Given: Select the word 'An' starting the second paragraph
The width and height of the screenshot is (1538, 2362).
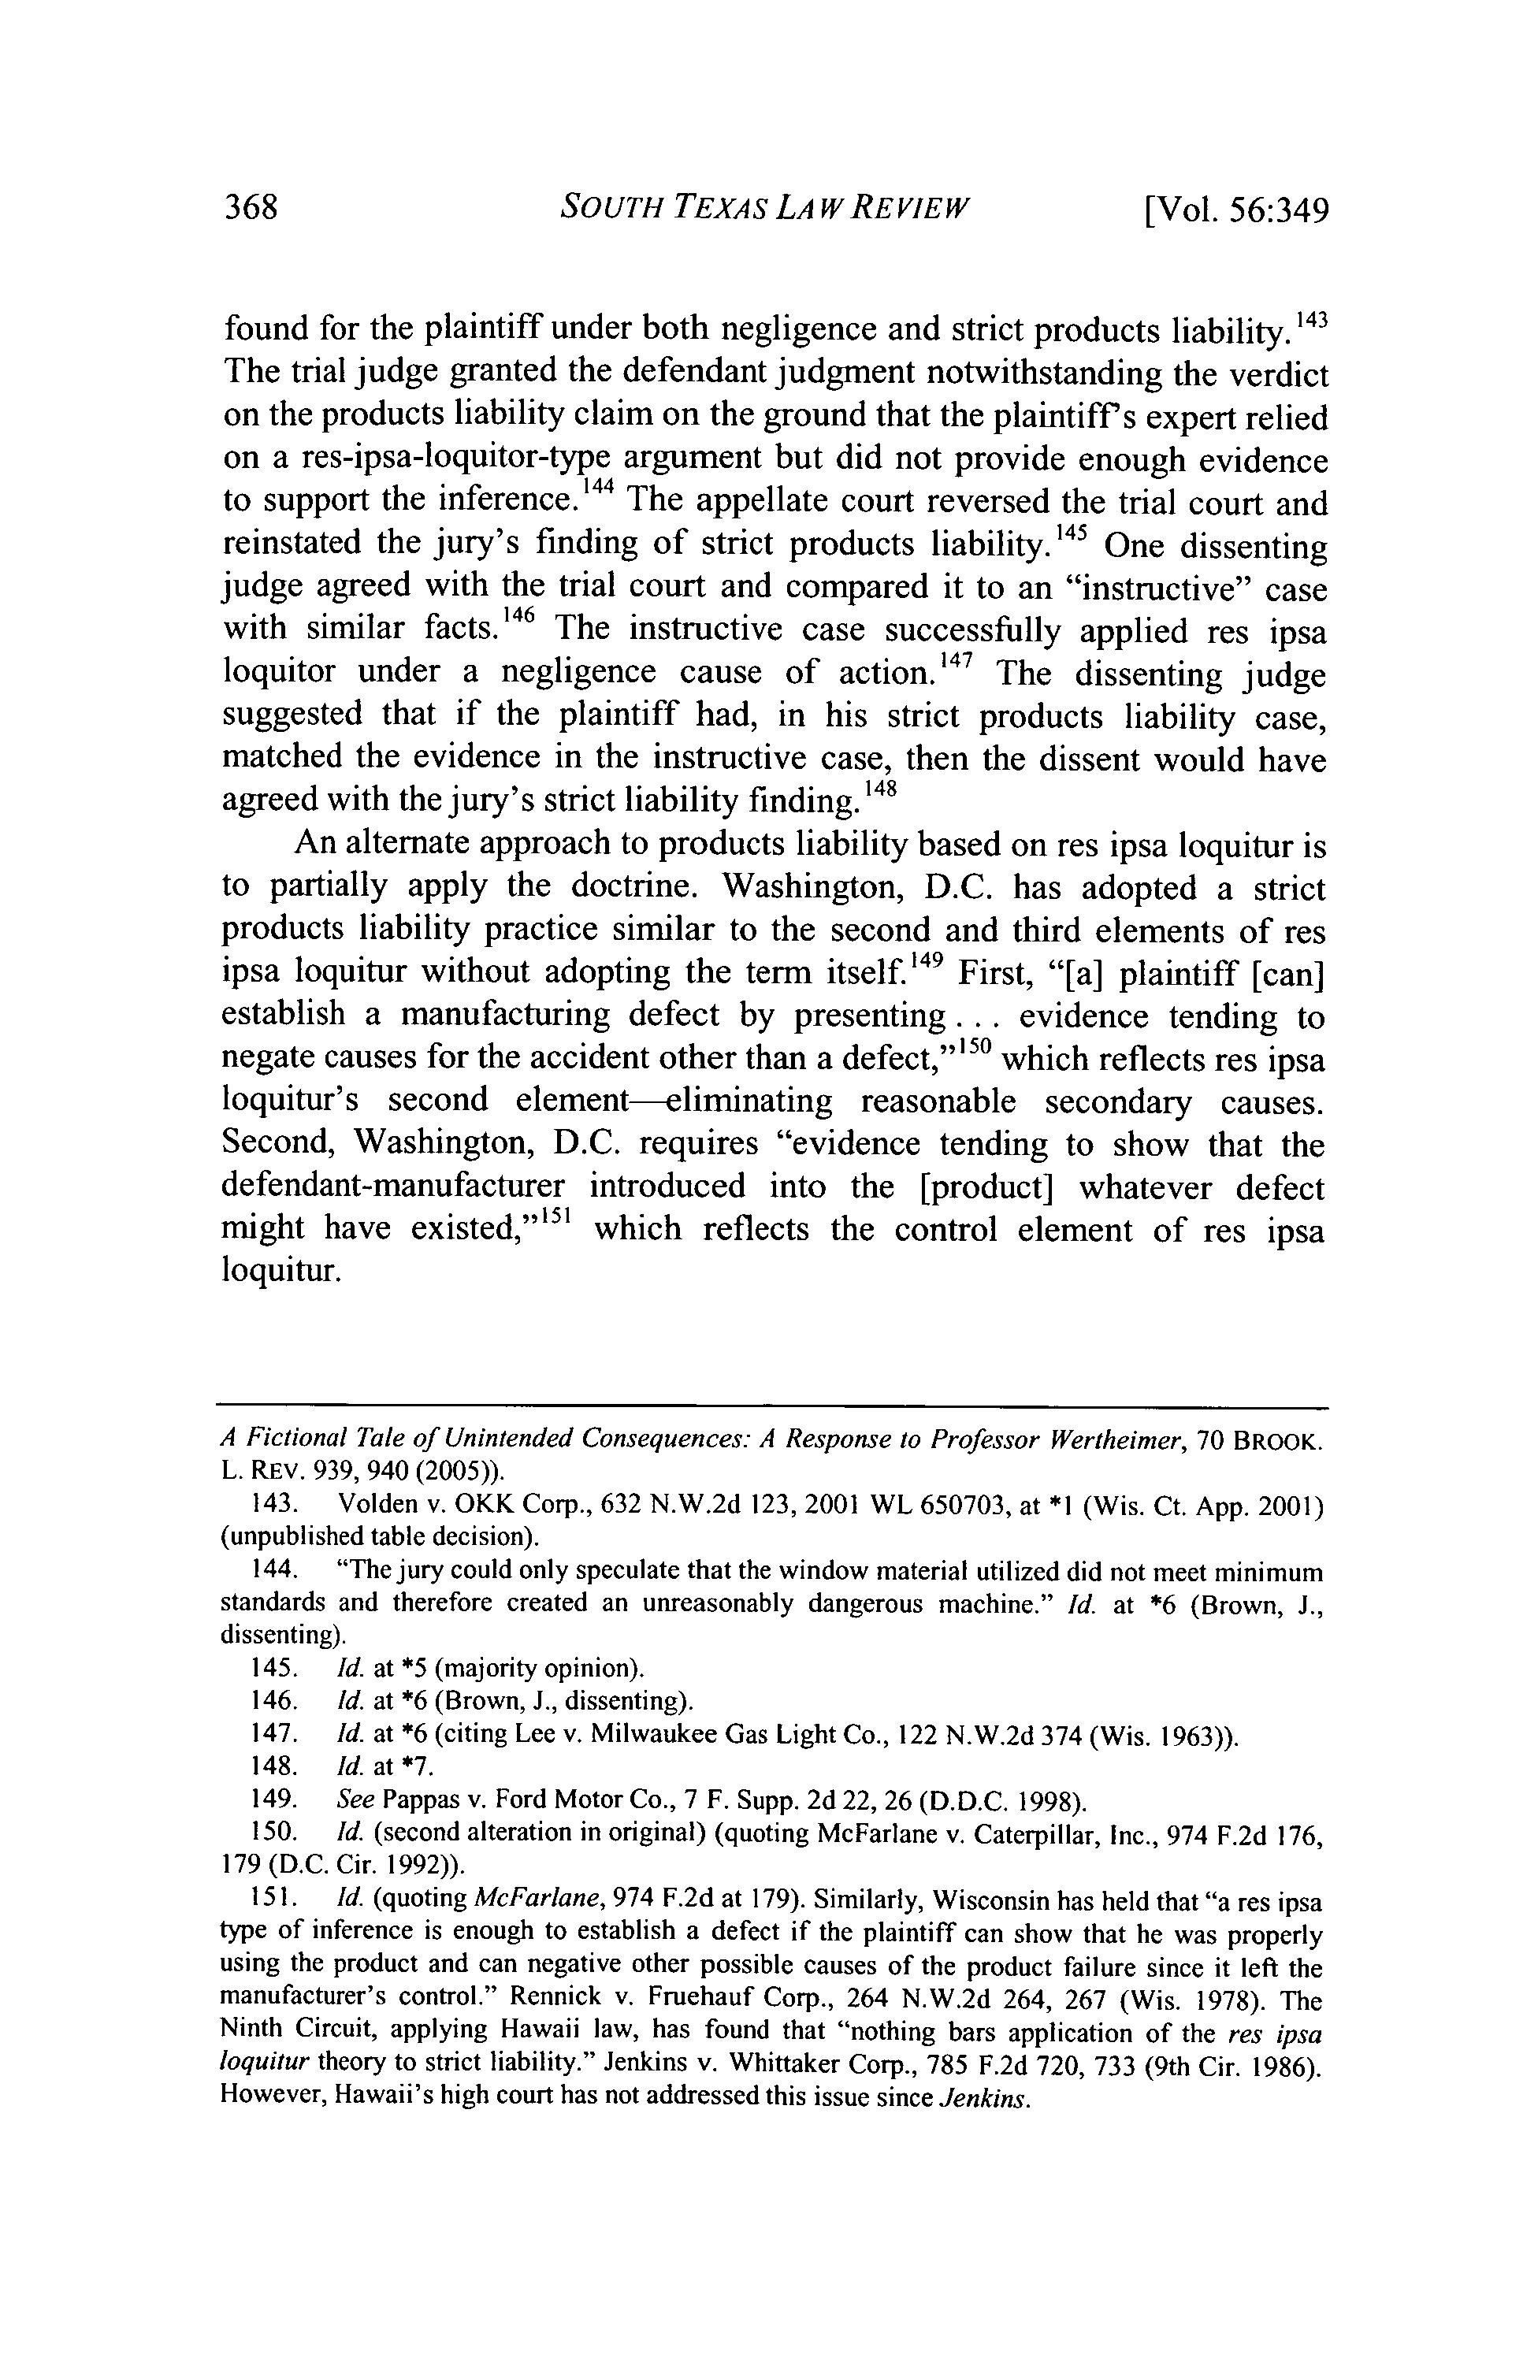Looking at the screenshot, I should tap(317, 844).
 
